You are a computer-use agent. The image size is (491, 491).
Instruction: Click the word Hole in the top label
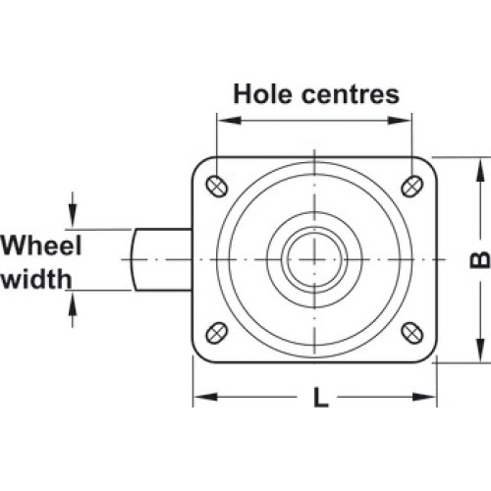(262, 94)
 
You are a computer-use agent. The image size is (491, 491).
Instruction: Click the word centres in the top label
(351, 95)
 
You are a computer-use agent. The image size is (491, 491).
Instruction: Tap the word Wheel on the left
(41, 245)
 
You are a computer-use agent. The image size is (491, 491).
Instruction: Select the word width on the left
(36, 279)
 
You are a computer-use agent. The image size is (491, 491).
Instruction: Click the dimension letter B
(480, 260)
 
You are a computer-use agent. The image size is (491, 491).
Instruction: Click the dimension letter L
(321, 397)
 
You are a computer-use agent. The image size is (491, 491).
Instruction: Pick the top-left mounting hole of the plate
(217, 187)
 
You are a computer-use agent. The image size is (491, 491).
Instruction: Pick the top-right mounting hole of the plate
(412, 187)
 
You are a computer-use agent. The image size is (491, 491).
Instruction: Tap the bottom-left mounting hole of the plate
(217, 333)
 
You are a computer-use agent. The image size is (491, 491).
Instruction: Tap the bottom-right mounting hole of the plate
(412, 333)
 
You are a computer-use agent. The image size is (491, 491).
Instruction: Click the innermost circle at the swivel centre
(314, 260)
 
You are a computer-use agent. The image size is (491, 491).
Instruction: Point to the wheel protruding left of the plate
(161, 260)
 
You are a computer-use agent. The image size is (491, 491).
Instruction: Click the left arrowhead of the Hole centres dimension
(229, 120)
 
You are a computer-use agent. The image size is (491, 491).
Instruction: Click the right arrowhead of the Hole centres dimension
(399, 120)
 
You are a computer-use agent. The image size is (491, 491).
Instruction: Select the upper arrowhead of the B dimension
(480, 170)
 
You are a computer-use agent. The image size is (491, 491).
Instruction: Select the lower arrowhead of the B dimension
(480, 350)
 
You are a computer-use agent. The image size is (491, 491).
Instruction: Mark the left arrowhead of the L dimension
(205, 397)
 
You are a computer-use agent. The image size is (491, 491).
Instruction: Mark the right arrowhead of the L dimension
(424, 397)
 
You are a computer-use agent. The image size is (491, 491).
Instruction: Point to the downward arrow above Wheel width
(73, 209)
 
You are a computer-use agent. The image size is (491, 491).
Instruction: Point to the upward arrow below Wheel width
(73, 309)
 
